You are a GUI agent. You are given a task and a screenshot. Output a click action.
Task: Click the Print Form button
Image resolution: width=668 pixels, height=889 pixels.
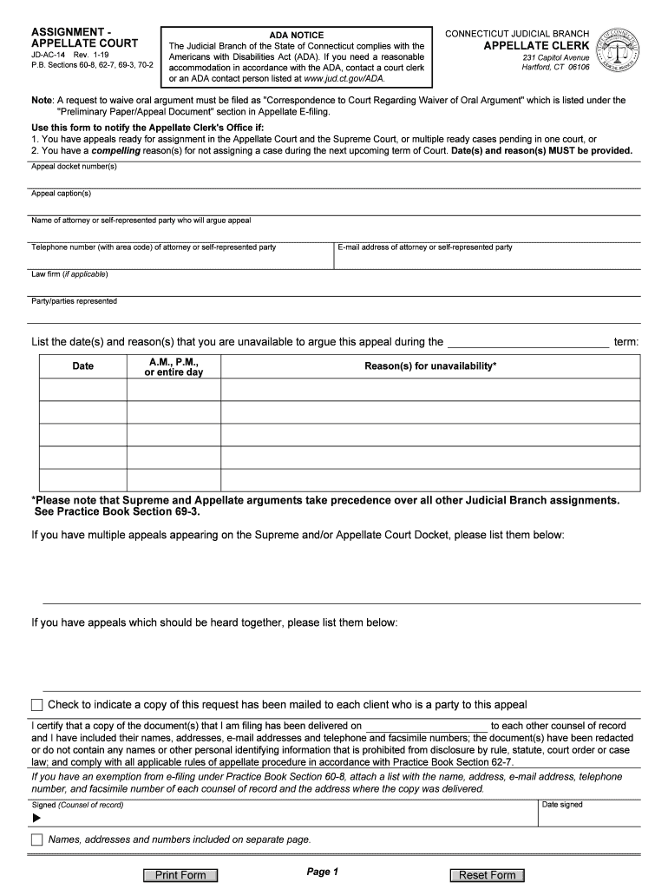[180, 875]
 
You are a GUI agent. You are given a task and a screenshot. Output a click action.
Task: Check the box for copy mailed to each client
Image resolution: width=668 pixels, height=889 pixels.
[36, 704]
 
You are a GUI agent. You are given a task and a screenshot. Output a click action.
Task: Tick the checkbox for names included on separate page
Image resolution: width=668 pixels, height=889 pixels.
[36, 840]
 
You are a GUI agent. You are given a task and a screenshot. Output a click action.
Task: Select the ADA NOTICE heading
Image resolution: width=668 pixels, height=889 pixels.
[296, 36]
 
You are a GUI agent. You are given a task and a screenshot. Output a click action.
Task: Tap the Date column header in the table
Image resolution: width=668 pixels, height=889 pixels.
[83, 366]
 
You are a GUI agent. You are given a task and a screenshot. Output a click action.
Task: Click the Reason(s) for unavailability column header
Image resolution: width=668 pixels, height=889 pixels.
[430, 366]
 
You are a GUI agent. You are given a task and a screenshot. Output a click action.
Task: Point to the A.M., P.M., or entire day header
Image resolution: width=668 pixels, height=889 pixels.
[174, 366]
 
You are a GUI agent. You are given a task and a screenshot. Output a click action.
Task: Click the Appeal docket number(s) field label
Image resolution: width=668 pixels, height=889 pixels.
[74, 167]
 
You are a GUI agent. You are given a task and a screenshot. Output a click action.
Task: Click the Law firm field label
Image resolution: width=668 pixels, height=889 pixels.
[69, 274]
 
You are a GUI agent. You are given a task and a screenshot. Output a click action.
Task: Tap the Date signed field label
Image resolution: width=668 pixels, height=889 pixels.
[562, 805]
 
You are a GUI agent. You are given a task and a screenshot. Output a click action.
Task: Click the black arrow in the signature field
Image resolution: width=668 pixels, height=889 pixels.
[36, 818]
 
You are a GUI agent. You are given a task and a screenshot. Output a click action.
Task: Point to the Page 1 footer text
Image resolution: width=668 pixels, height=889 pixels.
[322, 872]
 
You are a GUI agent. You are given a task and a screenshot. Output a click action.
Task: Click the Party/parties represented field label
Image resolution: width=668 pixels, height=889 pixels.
[74, 301]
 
